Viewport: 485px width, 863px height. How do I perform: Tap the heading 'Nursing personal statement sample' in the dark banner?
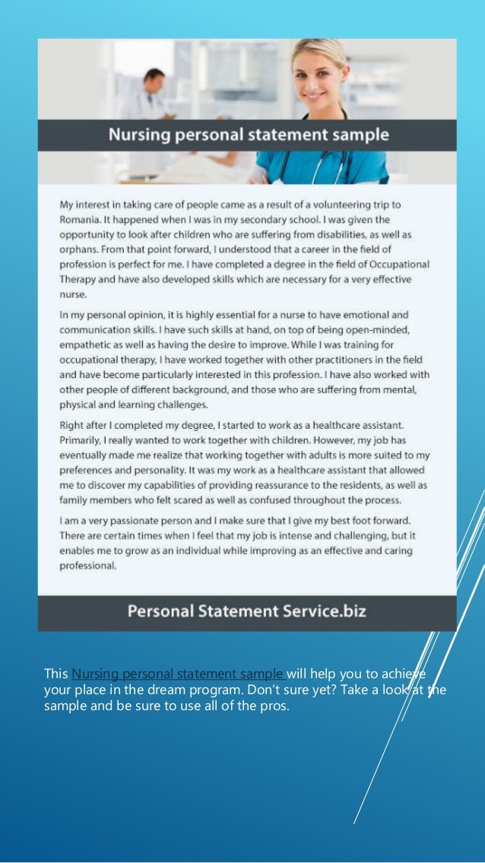248,136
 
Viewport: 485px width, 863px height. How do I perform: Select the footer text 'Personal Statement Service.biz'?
246,611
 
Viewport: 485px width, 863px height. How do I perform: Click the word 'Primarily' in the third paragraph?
84,441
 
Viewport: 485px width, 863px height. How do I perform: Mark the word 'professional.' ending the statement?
88,566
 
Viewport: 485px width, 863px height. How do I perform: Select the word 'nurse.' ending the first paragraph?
74,294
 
